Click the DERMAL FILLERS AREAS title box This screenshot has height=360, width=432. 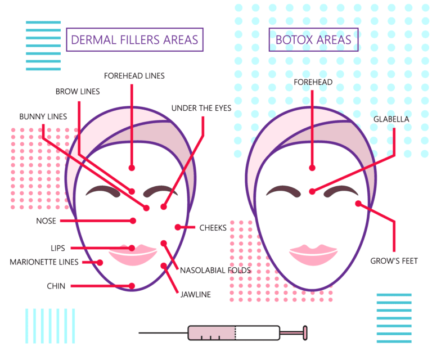click(134, 40)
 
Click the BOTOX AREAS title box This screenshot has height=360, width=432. click(313, 40)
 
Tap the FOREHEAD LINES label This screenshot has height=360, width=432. click(134, 75)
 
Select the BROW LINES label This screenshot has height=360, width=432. click(78, 92)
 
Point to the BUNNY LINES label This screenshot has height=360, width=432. click(43, 117)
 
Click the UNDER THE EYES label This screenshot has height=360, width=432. click(201, 108)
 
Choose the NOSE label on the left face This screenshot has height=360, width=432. click(46, 221)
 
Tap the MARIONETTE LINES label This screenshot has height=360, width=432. click(44, 262)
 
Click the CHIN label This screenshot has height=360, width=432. click(56, 286)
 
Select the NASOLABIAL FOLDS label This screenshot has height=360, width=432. click(215, 271)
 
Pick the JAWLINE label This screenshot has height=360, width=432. click(196, 294)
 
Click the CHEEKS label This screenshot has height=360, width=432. click(213, 228)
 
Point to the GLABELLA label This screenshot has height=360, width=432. click(391, 119)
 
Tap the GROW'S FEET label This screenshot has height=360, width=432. click(394, 261)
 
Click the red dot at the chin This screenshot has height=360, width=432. click(132, 286)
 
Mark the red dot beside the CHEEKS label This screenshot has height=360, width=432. click(178, 227)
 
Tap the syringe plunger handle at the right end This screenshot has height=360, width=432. click(305, 333)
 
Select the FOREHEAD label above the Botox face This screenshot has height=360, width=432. click(313, 83)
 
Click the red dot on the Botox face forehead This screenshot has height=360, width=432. click(312, 167)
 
